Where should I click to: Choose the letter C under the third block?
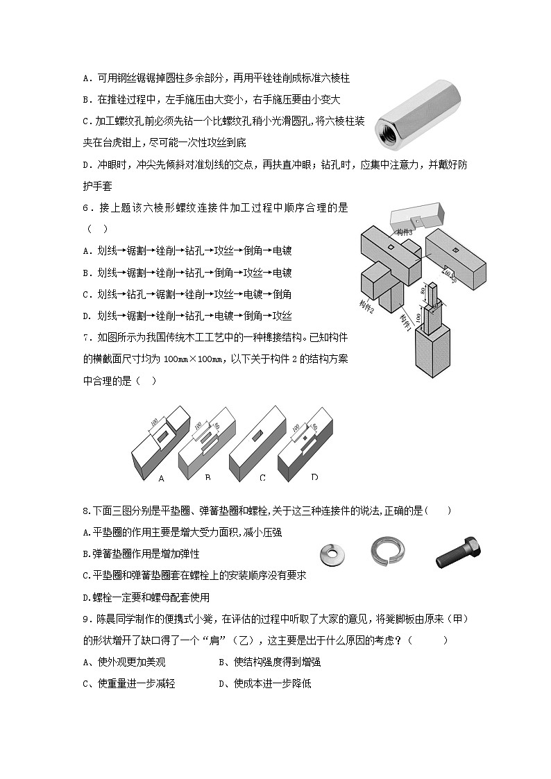262,478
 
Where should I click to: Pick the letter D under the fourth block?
314,477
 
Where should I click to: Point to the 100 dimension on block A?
153,422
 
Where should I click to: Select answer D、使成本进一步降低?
264,684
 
